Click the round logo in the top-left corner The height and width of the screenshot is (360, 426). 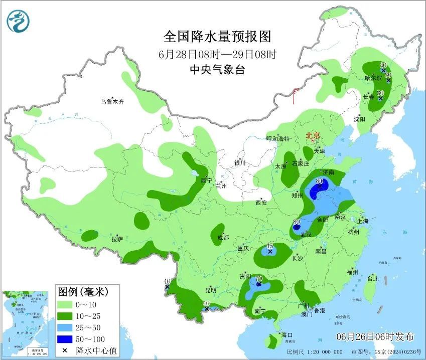[x=19, y=21]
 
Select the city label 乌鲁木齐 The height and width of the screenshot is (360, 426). [x=111, y=102]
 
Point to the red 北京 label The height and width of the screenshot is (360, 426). [x=313, y=135]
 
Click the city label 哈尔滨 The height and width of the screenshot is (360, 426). [x=373, y=78]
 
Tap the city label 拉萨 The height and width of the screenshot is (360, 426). [x=117, y=239]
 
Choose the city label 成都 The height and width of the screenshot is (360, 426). [x=223, y=238]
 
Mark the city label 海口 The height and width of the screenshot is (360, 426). [x=287, y=334]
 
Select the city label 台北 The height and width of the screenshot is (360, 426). [x=372, y=279]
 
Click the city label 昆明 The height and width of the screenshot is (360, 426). [x=211, y=290]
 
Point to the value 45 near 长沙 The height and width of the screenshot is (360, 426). [x=270, y=246]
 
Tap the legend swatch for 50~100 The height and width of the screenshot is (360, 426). [x=66, y=339]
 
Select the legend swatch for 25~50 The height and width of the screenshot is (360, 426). [x=66, y=327]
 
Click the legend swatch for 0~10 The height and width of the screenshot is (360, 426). [x=66, y=304]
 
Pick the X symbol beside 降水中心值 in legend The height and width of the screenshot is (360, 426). [x=65, y=350]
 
